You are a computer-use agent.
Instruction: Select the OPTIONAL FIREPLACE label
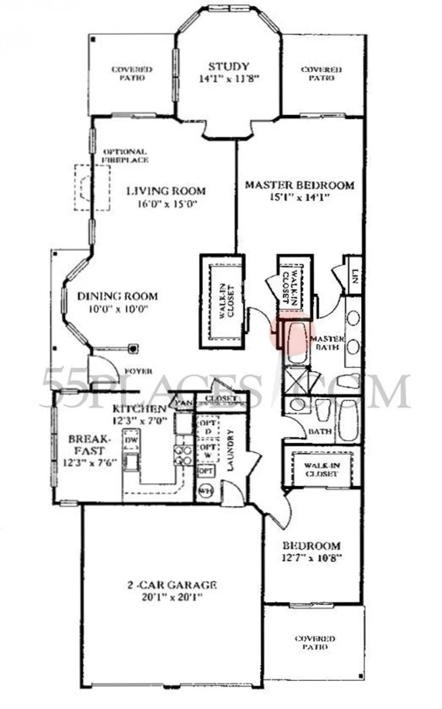pos(125,156)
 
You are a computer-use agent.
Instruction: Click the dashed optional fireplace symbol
pos(92,187)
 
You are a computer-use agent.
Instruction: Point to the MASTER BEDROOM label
pos(299,185)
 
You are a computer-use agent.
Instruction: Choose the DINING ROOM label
pos(117,296)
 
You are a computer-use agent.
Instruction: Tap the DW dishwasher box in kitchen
pos(130,440)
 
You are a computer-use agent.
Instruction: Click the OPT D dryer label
pos(208,426)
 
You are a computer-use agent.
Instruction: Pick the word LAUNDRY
pos(231,451)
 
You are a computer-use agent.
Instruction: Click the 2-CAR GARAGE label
pos(172,585)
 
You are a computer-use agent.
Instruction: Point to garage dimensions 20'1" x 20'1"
pos(172,597)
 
